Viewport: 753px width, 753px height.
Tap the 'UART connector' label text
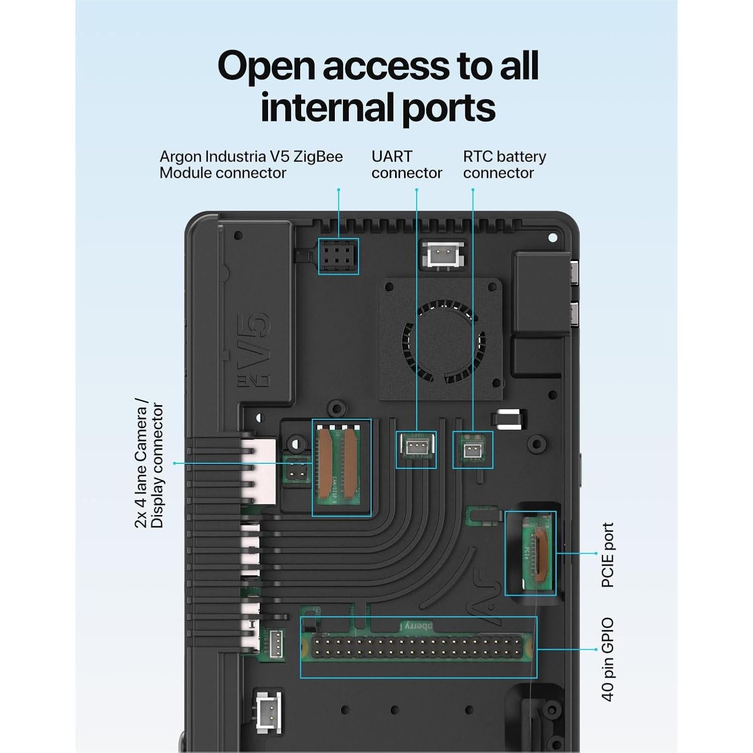407,165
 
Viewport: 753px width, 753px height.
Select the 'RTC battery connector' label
504,165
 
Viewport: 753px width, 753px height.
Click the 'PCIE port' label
608,555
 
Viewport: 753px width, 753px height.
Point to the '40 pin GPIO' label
608,659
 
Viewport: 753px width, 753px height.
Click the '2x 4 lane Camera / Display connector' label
149,463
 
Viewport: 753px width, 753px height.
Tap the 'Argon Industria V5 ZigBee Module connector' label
251,165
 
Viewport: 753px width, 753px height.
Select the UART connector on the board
416,448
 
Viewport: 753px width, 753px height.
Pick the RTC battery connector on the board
472,450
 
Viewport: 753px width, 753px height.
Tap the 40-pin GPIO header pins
417,647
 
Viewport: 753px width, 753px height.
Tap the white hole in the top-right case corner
553,237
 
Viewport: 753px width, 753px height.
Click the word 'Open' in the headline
266,66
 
